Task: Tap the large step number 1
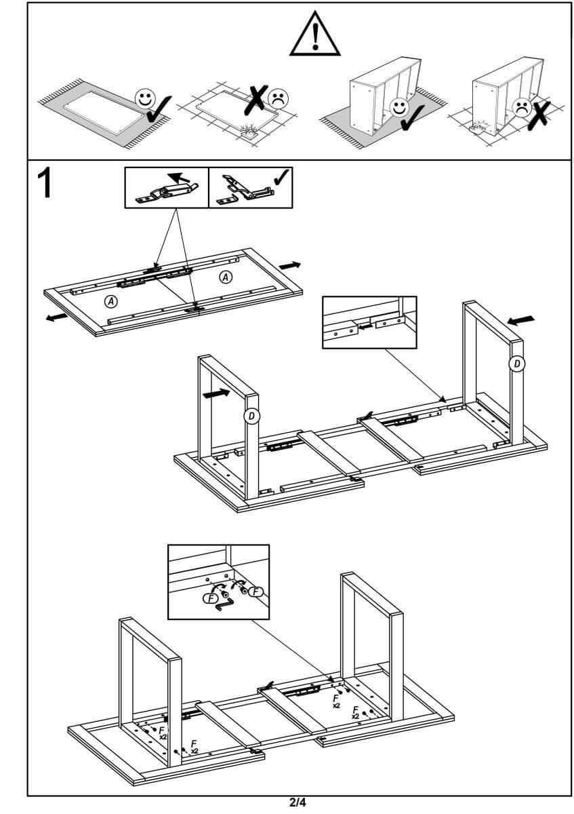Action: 45,183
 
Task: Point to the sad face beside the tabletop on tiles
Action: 276,99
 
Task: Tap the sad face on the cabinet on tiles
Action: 521,106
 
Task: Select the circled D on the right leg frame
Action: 517,364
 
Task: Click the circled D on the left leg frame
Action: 251,416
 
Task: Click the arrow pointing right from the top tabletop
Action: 290,265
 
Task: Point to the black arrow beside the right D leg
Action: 520,319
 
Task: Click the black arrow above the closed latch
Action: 178,179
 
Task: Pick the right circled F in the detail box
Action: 255,592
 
